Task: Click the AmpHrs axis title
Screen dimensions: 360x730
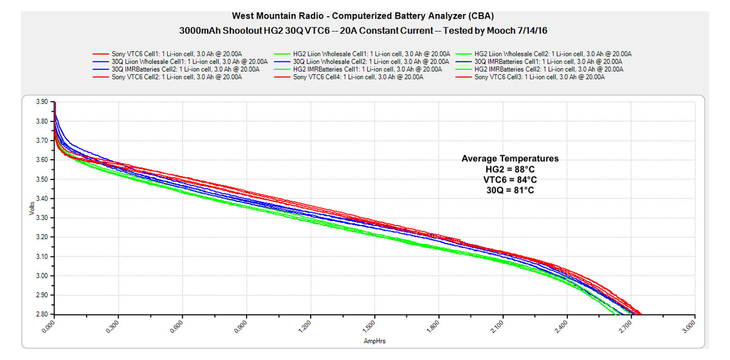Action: coord(374,341)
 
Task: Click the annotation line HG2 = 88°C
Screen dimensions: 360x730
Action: coord(510,169)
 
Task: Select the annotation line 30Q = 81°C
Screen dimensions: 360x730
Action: coord(510,190)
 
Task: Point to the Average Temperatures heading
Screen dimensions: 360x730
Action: coord(510,159)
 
